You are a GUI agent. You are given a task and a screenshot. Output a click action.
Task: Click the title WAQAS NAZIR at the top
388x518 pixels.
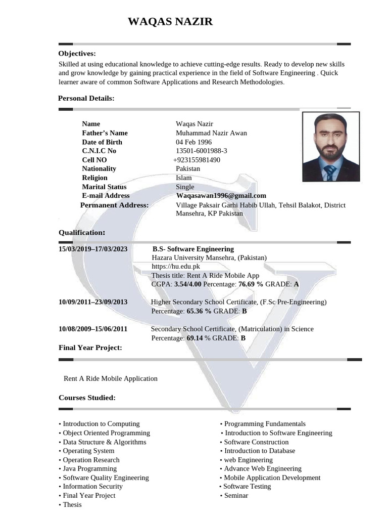[170, 21]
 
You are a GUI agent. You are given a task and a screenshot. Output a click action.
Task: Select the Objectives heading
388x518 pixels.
[77, 54]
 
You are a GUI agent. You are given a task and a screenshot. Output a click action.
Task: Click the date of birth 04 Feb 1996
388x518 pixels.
[193, 142]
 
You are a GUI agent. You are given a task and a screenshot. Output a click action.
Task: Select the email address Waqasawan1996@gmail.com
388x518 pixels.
[221, 196]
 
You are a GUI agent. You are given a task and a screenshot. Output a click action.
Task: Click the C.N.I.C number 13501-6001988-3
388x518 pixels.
[201, 151]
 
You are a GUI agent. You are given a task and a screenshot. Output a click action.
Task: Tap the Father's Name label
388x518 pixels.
[105, 133]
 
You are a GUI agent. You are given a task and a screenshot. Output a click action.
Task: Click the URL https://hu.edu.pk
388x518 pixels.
[176, 267]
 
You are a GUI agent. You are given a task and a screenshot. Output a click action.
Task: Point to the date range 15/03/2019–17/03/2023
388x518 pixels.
[93, 249]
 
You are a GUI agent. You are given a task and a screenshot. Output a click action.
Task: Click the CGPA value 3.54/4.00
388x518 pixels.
[187, 284]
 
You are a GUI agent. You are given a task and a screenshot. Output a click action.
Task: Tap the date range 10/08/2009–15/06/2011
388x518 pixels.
[93, 329]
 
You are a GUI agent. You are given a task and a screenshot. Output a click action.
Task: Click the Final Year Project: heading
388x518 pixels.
[90, 348]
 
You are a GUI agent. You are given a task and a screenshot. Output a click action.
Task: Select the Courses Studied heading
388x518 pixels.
[87, 398]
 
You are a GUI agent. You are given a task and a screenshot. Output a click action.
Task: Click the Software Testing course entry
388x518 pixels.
[247, 487]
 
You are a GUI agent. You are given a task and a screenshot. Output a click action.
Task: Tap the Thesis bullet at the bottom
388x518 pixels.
[72, 504]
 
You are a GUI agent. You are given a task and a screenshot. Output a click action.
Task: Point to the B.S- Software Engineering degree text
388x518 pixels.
[193, 249]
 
